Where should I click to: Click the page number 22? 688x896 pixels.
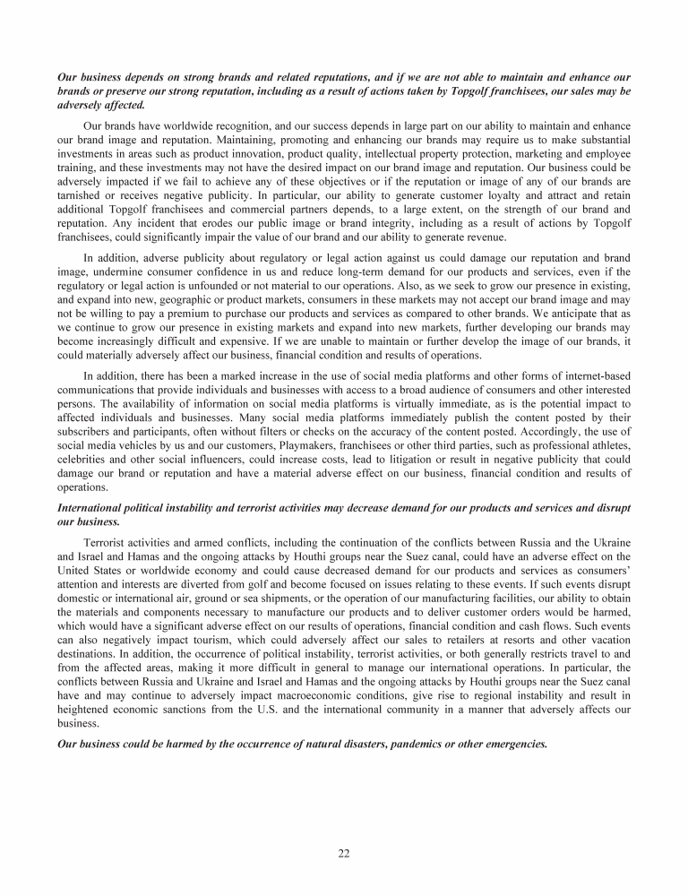[x=344, y=853]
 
